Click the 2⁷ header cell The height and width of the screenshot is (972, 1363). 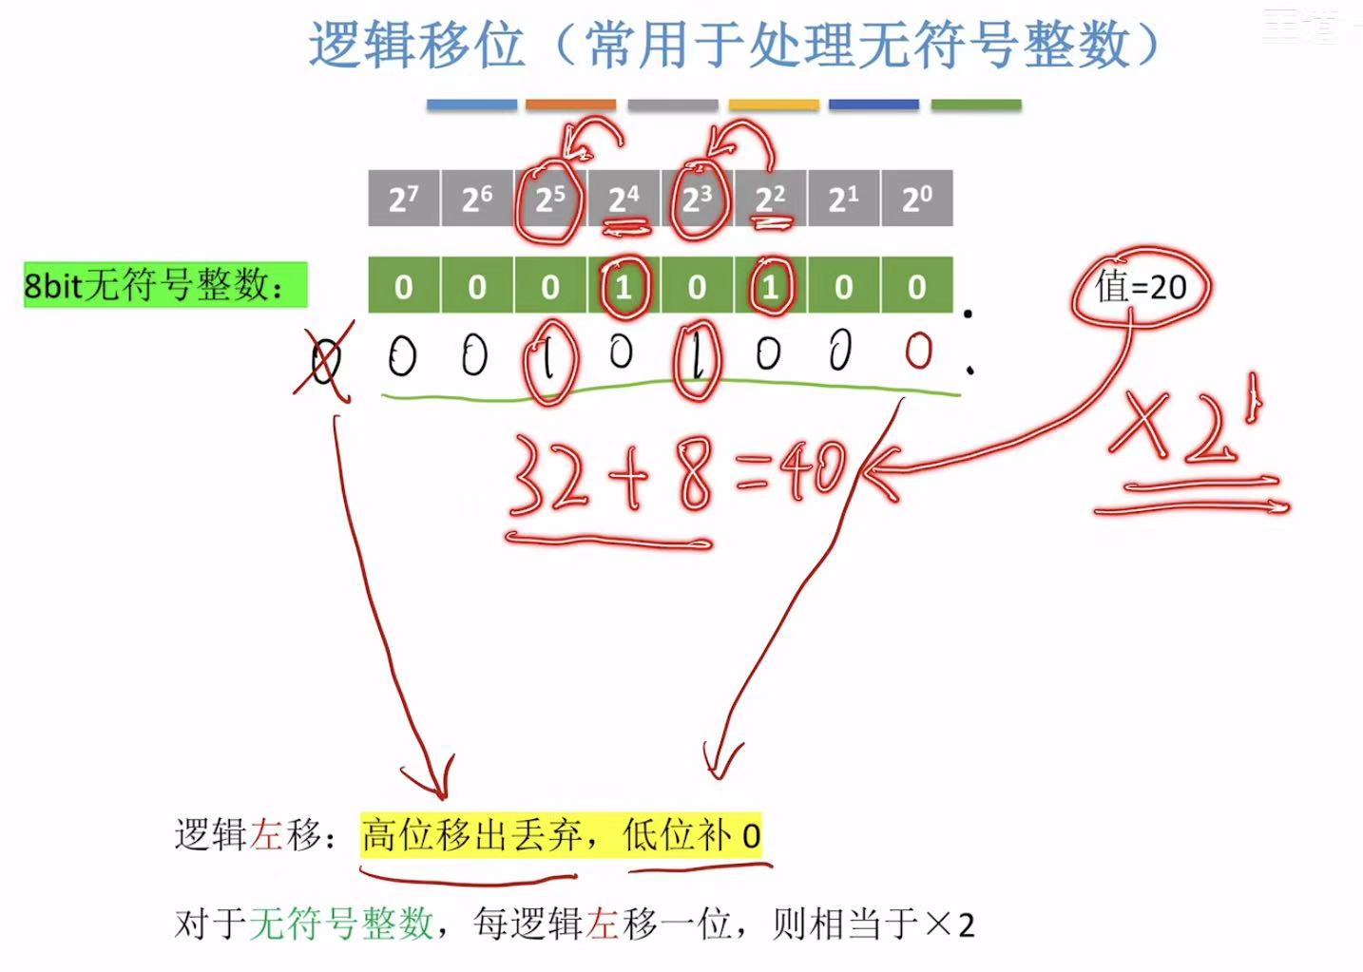click(403, 199)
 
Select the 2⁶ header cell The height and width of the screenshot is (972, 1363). click(476, 199)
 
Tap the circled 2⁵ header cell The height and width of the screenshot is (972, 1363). click(549, 199)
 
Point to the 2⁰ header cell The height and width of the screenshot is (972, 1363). click(916, 199)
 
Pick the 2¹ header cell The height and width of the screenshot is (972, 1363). click(843, 199)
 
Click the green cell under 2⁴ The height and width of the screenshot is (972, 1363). click(624, 286)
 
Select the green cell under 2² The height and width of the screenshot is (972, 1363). click(770, 286)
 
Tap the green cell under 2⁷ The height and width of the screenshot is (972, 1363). click(403, 286)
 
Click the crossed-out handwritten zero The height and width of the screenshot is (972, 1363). click(325, 360)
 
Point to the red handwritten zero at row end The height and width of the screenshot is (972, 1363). click(918, 351)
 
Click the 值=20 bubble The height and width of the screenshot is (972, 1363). click(1141, 286)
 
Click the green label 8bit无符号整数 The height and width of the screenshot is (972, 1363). click(164, 284)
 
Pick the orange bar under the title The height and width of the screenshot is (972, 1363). click(570, 105)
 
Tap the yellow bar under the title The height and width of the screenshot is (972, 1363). click(774, 105)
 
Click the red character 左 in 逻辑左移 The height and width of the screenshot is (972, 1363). click(266, 835)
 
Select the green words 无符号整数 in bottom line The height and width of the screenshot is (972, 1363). click(342, 923)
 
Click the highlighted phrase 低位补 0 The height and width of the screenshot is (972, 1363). click(691, 836)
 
